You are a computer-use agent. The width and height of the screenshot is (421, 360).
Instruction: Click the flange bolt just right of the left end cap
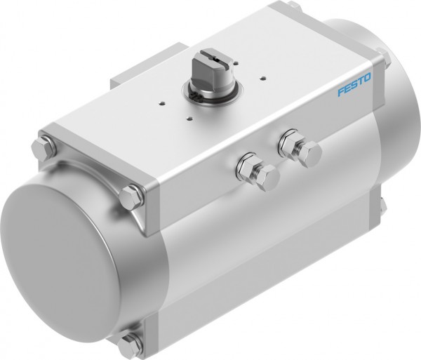pos(131,196)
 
